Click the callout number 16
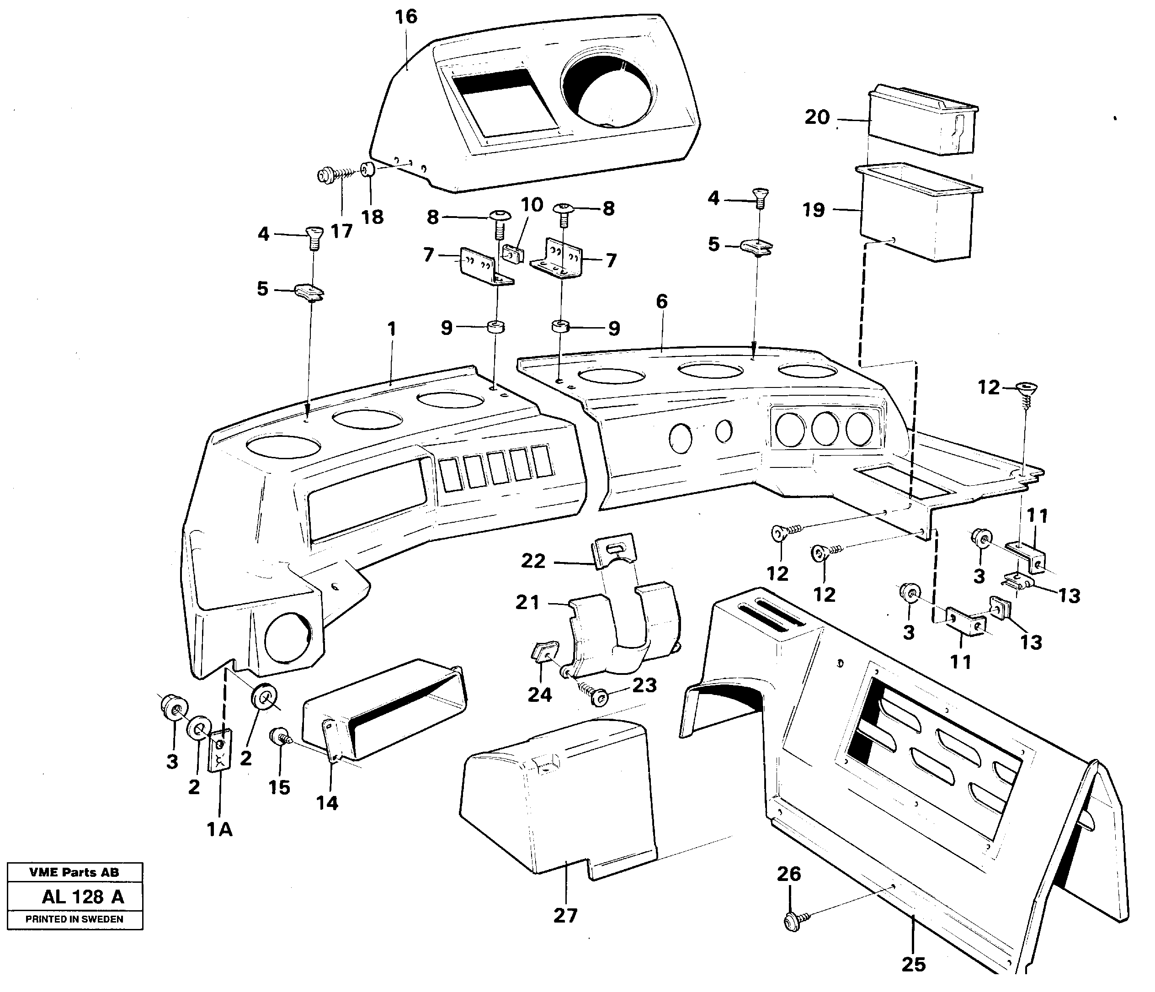(x=406, y=17)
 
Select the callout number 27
(x=565, y=915)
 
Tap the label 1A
(x=220, y=830)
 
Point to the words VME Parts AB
(x=74, y=872)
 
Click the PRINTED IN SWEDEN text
(x=74, y=919)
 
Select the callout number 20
(x=817, y=117)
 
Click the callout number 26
(x=789, y=873)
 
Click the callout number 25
(x=914, y=964)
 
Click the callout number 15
(x=279, y=787)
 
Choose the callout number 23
(x=644, y=685)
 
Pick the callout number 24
(x=540, y=695)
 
